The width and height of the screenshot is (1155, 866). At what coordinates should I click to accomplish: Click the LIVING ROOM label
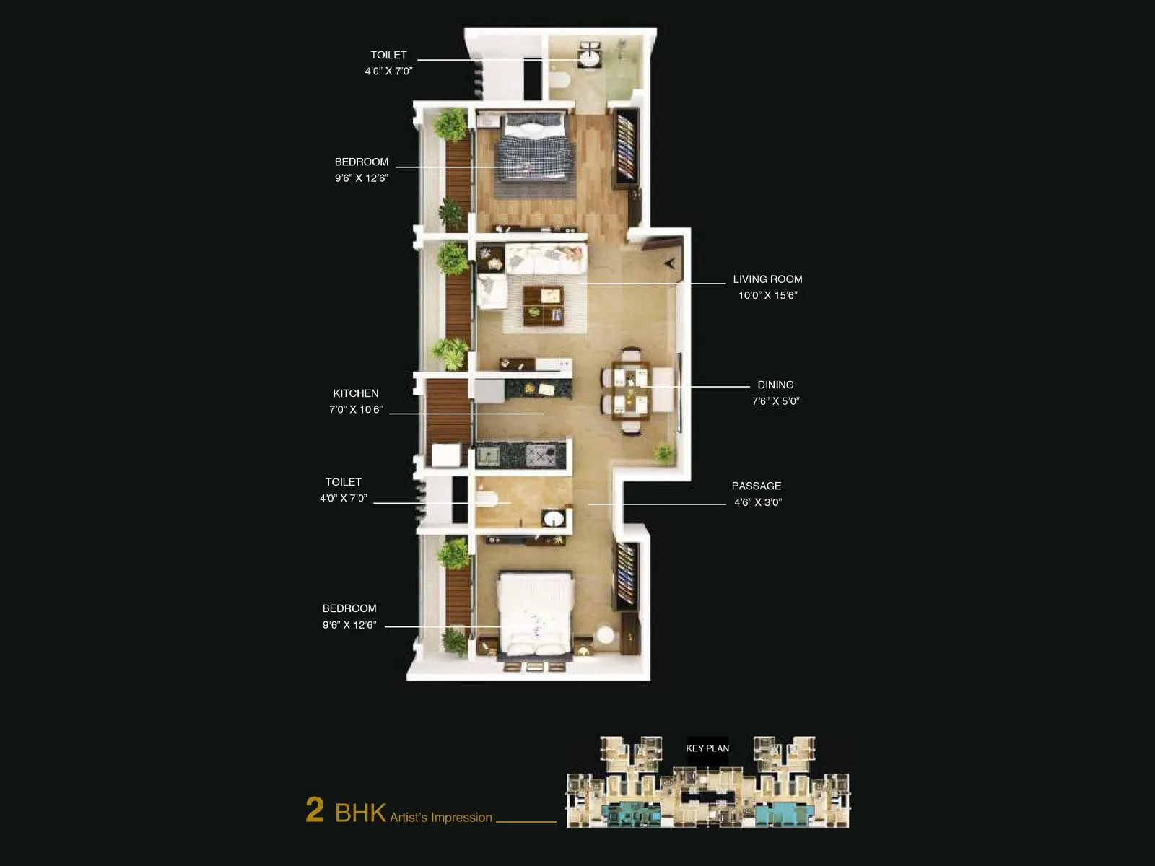coord(767,279)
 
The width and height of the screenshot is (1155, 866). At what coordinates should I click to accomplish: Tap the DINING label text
coord(775,385)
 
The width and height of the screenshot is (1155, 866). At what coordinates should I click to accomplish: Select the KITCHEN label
coord(355,393)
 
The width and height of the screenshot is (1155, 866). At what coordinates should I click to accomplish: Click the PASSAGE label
coord(756,486)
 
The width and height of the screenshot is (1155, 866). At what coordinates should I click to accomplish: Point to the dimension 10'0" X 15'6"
coord(767,295)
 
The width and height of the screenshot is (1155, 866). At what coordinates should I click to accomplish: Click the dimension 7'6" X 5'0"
coord(775,401)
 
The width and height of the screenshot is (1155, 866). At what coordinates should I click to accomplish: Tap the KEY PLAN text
coord(707,748)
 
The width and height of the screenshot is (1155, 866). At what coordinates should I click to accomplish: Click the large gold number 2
coord(315,810)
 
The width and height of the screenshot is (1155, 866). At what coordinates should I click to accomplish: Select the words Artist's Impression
coord(441,818)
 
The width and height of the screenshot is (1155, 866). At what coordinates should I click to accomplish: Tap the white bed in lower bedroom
coord(536,613)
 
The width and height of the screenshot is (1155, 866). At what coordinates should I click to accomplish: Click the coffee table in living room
coord(543,304)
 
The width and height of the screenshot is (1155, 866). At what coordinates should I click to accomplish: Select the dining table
coord(630,390)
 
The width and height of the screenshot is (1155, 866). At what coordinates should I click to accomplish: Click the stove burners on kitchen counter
coord(540,455)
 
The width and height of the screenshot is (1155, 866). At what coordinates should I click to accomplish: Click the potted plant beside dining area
coord(663,453)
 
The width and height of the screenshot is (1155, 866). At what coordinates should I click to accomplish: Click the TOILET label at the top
coord(388,55)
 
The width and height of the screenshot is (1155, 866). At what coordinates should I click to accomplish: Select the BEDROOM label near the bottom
coord(349,609)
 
